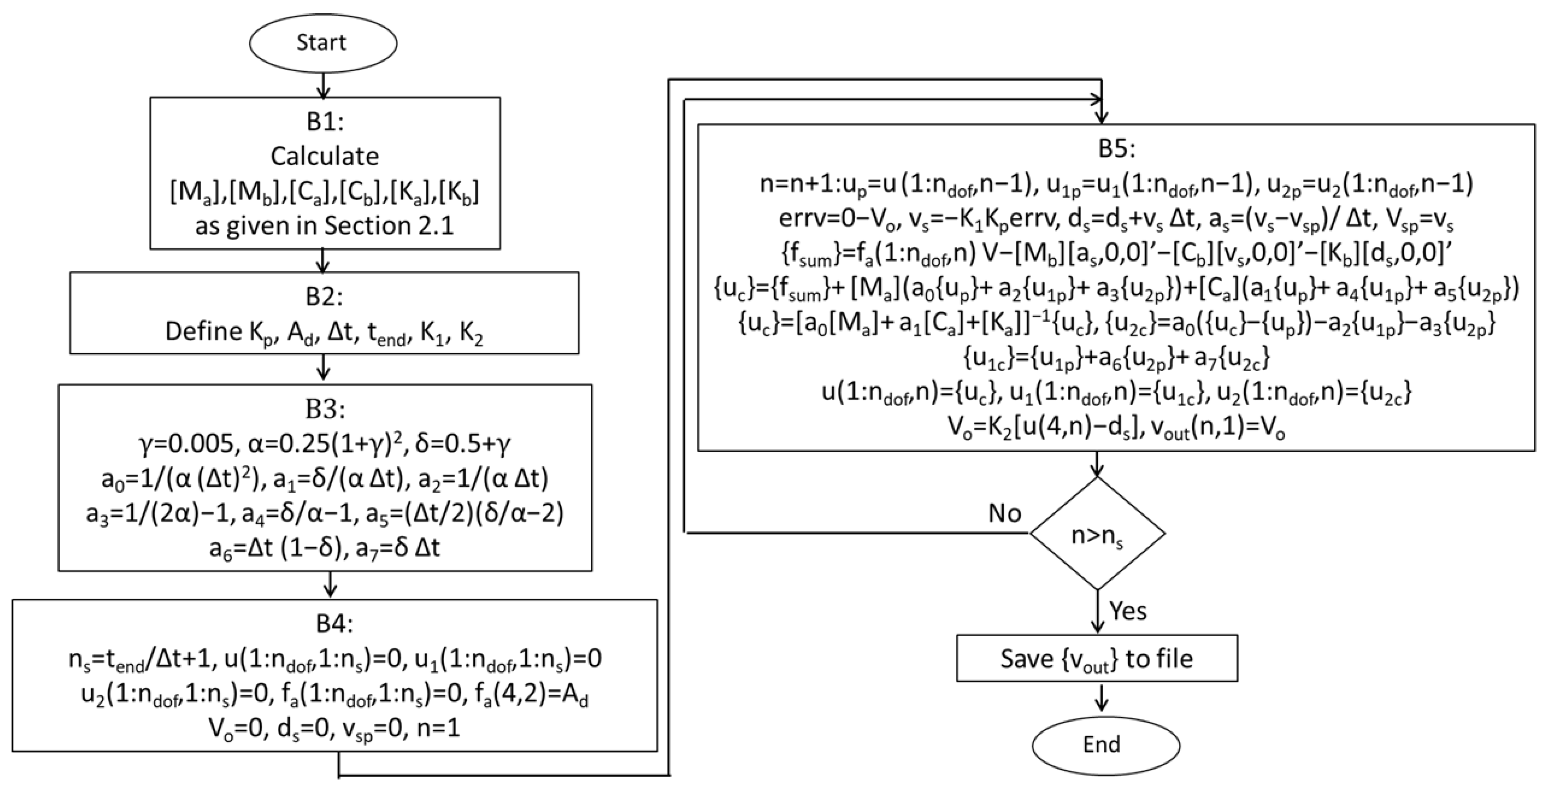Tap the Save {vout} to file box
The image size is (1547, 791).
coord(1097,659)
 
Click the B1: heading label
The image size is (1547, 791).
coord(325,122)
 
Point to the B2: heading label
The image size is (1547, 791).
coord(325,297)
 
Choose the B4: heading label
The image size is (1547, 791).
coord(334,624)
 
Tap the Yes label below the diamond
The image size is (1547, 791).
coord(1127,611)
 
